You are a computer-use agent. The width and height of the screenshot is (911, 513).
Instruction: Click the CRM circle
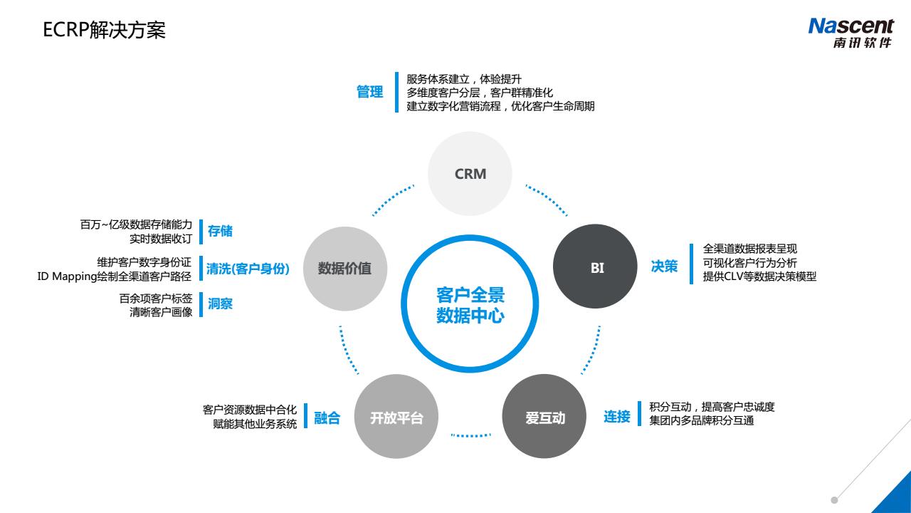pos(470,174)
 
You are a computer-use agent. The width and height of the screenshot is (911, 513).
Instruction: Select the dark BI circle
pos(596,267)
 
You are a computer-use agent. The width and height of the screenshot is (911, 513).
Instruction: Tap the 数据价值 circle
pos(344,269)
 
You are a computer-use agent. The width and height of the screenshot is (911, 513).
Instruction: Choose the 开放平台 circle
pos(396,417)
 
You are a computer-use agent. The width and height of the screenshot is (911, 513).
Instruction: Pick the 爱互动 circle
pos(544,417)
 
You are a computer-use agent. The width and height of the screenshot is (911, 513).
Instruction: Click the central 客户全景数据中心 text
pos(470,306)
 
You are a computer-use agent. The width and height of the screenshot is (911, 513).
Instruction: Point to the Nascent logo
pos(851,33)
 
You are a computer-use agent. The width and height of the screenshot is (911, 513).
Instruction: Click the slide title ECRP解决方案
pos(105,31)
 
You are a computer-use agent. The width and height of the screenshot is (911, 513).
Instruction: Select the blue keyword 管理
pos(369,93)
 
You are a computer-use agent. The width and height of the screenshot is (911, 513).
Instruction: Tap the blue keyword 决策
pos(664,266)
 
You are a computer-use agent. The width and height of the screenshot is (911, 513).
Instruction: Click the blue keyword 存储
pos(220,231)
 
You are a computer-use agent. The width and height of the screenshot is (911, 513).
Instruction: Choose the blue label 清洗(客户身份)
pos(248,269)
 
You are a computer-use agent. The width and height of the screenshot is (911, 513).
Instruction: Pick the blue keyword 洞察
pos(220,304)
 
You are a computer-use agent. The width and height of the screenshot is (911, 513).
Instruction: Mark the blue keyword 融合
pos(327,418)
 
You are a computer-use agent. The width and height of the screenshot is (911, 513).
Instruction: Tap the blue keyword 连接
pos(617,417)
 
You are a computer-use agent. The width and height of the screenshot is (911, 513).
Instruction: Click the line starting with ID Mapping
pos(115,276)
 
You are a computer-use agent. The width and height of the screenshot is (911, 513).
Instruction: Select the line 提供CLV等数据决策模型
pos(759,276)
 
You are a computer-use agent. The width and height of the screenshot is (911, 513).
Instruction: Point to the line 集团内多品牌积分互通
pos(701,420)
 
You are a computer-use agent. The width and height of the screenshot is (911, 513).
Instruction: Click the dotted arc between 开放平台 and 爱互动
pos(471,435)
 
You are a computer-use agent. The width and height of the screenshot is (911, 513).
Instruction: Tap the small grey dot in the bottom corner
pos(834,500)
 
